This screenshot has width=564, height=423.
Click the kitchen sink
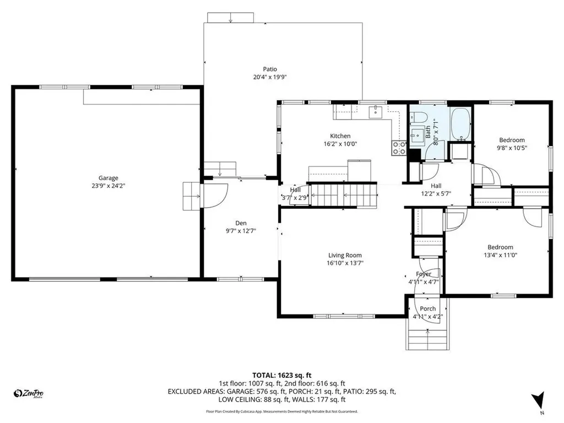pyautogui.click(x=376, y=112)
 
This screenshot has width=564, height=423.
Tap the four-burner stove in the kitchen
pyautogui.click(x=398, y=148)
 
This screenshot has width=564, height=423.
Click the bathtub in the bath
pyautogui.click(x=460, y=124)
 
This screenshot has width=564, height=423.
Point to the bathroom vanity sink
pyautogui.click(x=415, y=136)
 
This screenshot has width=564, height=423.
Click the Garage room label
pyautogui.click(x=109, y=178)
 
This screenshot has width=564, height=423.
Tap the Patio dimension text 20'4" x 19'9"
pyautogui.click(x=270, y=77)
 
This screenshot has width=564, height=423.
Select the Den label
pyautogui.click(x=241, y=223)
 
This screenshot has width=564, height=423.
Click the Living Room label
pyautogui.click(x=345, y=255)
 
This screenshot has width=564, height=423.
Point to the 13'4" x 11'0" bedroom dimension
pyautogui.click(x=500, y=255)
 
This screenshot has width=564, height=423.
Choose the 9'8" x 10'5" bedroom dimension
pyautogui.click(x=512, y=148)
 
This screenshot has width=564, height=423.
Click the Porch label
pyautogui.click(x=428, y=308)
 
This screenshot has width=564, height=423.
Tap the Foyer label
pyautogui.click(x=424, y=274)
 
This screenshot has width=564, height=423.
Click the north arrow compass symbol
pyautogui.click(x=538, y=400)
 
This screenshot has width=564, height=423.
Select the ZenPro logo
pyautogui.click(x=29, y=393)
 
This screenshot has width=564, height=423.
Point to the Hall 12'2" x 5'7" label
pyautogui.click(x=436, y=189)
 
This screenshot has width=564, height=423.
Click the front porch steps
pyautogui.click(x=428, y=335)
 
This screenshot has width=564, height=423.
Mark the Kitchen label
pyautogui.click(x=340, y=136)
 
